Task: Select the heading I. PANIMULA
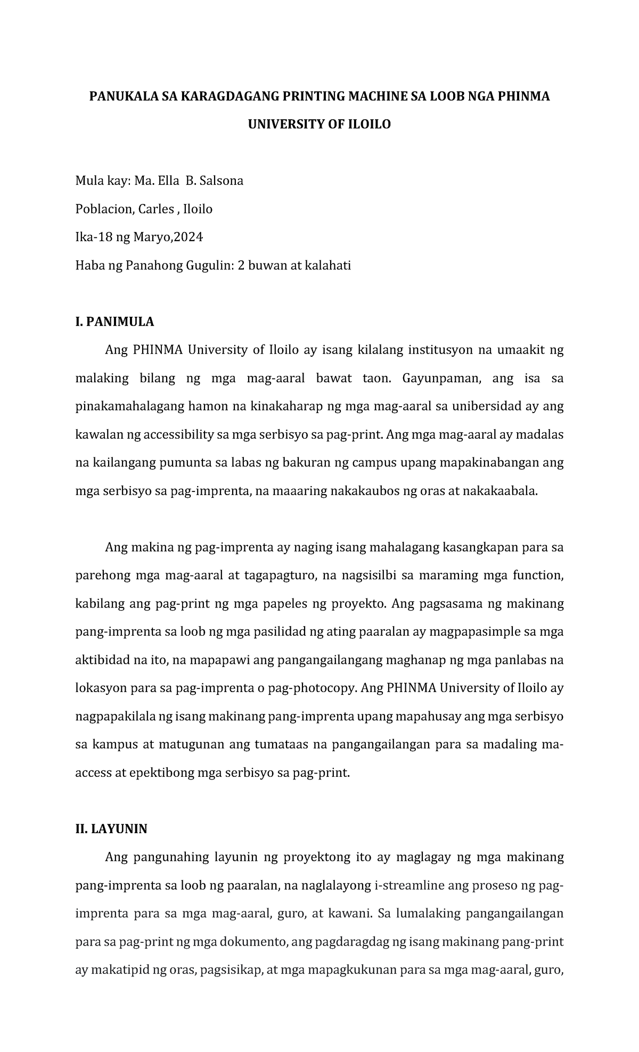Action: pyautogui.click(x=114, y=322)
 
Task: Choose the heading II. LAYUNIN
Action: pyautogui.click(x=111, y=829)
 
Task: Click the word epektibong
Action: pyautogui.click(x=162, y=772)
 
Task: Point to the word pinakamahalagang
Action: pyautogui.click(x=129, y=406)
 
